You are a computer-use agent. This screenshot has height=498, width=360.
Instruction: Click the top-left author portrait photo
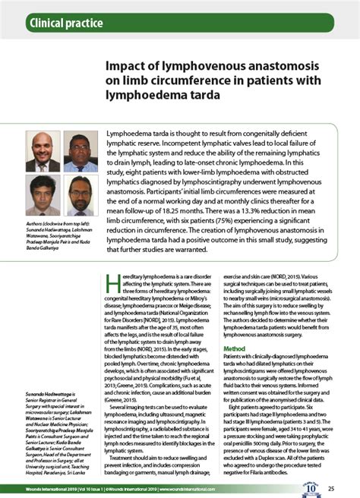43,151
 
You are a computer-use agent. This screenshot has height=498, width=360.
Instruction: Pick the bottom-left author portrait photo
43,195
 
